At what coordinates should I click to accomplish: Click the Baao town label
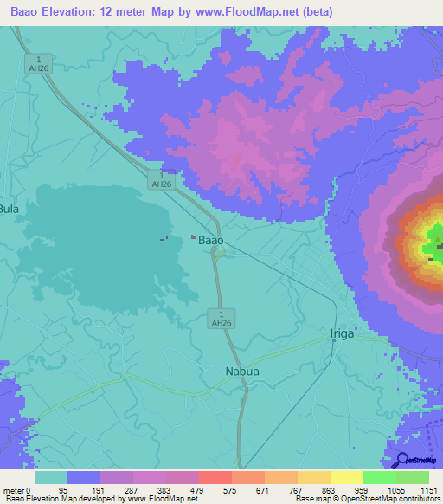point(211,239)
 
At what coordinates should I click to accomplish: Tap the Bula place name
point(9,209)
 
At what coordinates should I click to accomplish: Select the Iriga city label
point(343,333)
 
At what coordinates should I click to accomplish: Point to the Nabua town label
point(242,372)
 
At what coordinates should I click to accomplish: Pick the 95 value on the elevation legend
point(67,489)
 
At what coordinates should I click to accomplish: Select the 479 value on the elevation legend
point(198,489)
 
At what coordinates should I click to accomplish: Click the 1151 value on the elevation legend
point(428,489)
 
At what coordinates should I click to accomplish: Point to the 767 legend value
point(297,489)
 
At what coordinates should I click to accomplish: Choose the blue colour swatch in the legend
point(83,477)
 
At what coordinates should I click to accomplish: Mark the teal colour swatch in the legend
point(50,477)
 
